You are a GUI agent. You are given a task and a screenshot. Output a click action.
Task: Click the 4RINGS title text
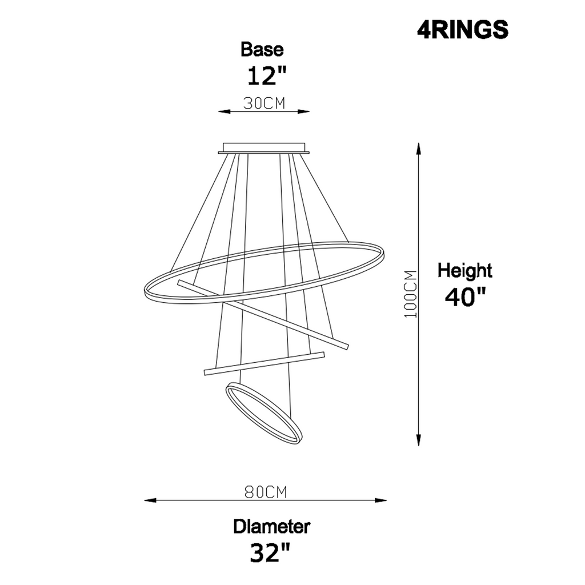coord(462,30)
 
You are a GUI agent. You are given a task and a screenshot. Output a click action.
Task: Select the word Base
coord(262,50)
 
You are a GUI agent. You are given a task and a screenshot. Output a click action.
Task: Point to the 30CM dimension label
coord(264,103)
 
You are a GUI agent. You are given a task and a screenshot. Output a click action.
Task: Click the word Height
coord(464,270)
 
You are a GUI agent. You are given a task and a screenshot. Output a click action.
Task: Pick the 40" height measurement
coord(466,297)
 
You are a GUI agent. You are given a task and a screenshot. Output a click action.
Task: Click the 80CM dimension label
coord(265,492)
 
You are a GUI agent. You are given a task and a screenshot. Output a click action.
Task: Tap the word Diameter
coord(271,526)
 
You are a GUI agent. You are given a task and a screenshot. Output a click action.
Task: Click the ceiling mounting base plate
coord(264,149)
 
